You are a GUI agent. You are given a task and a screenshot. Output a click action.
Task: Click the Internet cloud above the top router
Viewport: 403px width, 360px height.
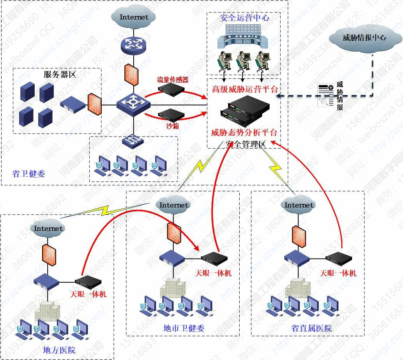[x=134, y=17]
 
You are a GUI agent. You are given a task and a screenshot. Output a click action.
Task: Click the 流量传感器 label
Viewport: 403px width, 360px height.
[x=173, y=80]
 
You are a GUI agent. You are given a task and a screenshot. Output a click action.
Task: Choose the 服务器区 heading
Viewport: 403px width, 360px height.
[x=60, y=74]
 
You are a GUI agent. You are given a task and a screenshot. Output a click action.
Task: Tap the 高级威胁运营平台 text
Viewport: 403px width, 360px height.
[x=244, y=89]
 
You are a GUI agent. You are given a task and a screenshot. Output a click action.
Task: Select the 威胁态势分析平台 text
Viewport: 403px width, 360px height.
[x=244, y=133]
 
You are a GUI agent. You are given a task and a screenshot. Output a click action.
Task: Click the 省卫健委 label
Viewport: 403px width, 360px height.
[x=28, y=173]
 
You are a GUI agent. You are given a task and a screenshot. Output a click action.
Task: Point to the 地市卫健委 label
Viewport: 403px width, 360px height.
[x=184, y=328]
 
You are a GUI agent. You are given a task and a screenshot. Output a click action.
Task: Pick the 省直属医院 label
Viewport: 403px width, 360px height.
[x=311, y=328]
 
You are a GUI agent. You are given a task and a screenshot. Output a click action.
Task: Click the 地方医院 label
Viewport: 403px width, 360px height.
[x=59, y=349]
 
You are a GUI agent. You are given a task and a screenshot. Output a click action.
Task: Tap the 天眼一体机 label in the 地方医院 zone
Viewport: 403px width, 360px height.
[x=88, y=294]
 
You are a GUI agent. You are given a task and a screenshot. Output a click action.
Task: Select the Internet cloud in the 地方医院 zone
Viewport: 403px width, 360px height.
[x=48, y=228]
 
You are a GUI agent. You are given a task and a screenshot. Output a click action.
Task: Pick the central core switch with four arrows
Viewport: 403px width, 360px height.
[x=133, y=103]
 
